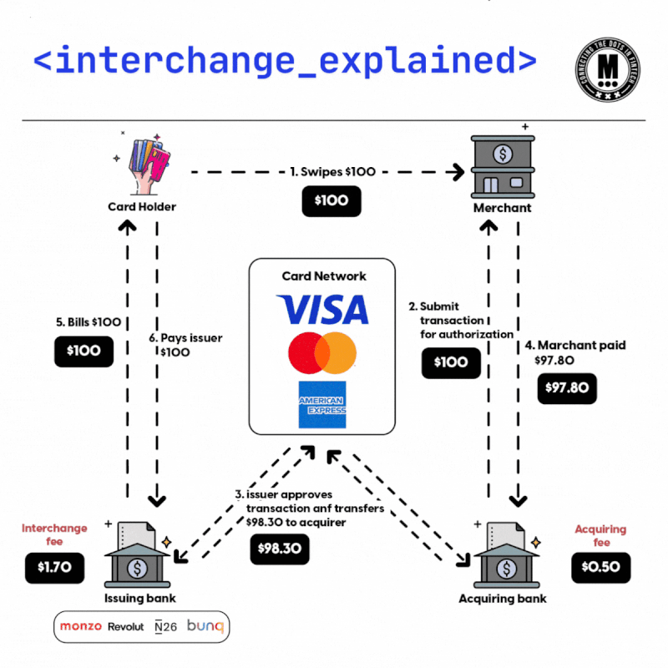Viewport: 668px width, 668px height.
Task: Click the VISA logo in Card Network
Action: [x=322, y=308]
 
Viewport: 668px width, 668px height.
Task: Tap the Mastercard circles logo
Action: [x=322, y=352]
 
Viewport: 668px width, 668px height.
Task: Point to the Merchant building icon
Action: [x=501, y=167]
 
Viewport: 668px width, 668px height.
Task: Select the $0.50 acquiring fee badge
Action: [x=600, y=567]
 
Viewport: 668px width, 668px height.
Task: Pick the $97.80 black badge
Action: [x=567, y=387]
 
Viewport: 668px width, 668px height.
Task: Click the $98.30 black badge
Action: [x=280, y=548]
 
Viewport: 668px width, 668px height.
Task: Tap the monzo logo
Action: [x=81, y=626]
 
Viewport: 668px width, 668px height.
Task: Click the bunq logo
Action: [x=205, y=626]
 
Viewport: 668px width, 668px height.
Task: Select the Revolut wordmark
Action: [x=126, y=626]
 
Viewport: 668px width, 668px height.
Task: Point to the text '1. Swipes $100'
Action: [x=333, y=171]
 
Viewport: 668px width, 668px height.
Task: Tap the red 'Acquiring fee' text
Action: [x=600, y=535]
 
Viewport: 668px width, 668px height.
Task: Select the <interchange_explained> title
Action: [x=285, y=59]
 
